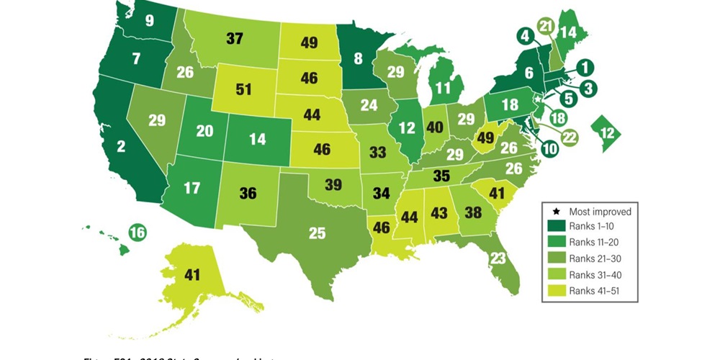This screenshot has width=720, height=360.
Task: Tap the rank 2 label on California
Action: click(122, 147)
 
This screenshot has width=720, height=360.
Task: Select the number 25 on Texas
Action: click(318, 233)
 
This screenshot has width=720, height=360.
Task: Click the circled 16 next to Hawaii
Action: click(138, 232)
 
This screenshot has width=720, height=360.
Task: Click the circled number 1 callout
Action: click(586, 68)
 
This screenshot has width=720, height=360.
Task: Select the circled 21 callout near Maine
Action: click(545, 25)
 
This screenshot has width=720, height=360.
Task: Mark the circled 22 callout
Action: click(570, 136)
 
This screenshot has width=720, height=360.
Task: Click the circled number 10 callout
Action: click(549, 150)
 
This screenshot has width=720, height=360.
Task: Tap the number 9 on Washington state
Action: click(149, 21)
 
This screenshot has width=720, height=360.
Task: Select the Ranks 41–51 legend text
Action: click(593, 290)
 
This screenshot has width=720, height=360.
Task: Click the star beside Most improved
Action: click(554, 212)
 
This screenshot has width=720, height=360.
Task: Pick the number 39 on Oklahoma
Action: click(333, 185)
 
